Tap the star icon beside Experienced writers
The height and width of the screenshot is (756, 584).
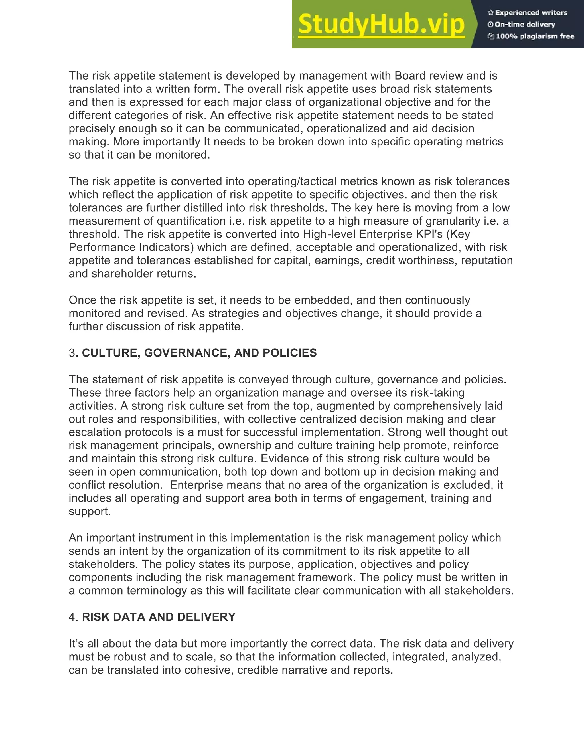[x=490, y=13]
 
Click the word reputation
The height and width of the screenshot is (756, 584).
[x=487, y=260]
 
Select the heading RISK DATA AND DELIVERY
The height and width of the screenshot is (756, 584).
[x=159, y=617]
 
